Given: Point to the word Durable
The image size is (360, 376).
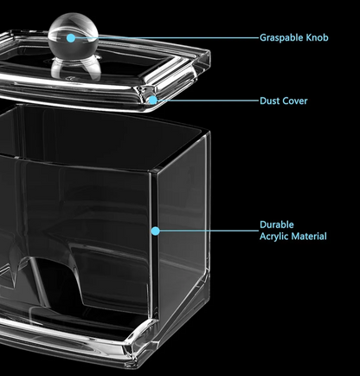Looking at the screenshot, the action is point(273,224).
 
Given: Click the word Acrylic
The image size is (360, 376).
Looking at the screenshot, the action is point(274,237).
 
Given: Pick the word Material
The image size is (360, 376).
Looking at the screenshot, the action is point(309,237).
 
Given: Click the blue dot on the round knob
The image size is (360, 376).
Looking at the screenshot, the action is point(71,38).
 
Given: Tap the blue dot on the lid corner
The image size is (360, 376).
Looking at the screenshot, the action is point(153,100).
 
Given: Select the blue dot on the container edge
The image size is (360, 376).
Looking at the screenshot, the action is point(155,230).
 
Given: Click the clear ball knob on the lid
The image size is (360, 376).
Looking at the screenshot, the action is point(73,34).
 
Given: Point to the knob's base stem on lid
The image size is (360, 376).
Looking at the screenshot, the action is point(76,68).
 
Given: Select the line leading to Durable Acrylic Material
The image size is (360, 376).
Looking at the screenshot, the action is point(209,230).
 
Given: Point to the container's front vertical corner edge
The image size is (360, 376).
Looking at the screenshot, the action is point(155,245).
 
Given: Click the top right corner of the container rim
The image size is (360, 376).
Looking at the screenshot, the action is point(209,133).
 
